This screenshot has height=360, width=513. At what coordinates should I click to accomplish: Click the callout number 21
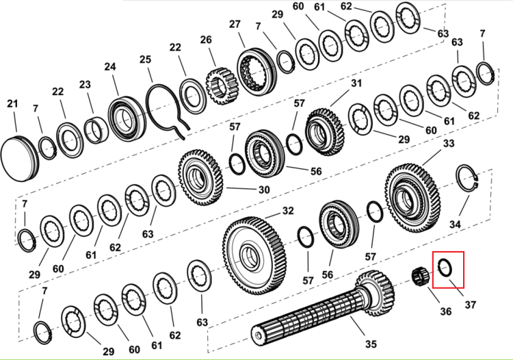pyautogui.click(x=12, y=104)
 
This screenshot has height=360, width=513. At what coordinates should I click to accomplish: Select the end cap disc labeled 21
pyautogui.click(x=19, y=158)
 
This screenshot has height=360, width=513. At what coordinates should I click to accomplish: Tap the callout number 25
pyautogui.click(x=145, y=60)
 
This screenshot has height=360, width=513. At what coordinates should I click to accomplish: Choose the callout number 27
pyautogui.click(x=235, y=24)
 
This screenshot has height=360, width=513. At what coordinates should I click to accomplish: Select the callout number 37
pyautogui.click(x=470, y=305)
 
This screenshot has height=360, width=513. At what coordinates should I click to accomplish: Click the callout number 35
pyautogui.click(x=371, y=344)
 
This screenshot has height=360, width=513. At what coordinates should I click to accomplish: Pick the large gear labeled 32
pyautogui.click(x=254, y=255)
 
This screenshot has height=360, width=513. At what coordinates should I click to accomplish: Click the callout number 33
pyautogui.click(x=449, y=143)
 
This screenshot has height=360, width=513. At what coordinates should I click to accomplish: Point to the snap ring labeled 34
pyautogui.click(x=468, y=182)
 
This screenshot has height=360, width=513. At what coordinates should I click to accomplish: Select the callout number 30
pyautogui.click(x=264, y=190)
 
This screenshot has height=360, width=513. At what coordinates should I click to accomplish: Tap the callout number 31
pyautogui.click(x=356, y=83)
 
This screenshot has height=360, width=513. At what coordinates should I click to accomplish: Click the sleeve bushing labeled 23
pyautogui.click(x=96, y=131)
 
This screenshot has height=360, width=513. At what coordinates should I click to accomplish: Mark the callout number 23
pyautogui.click(x=85, y=84)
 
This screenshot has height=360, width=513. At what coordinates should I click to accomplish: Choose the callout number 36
pyautogui.click(x=445, y=311)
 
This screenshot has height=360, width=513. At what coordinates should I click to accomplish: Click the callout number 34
pyautogui.click(x=455, y=224)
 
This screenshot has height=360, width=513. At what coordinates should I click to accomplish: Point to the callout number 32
pyautogui.click(x=288, y=211)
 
